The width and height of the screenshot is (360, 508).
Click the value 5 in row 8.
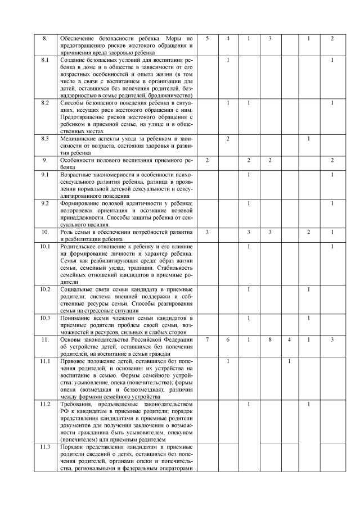(x=208, y=38)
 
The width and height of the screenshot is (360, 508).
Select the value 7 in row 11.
(x=208, y=340)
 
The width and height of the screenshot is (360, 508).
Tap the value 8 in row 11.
(x=270, y=340)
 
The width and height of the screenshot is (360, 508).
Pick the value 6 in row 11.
(x=228, y=340)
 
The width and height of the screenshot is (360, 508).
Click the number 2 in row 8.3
(x=228, y=138)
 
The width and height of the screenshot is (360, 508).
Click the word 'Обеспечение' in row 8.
(x=79, y=38)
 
